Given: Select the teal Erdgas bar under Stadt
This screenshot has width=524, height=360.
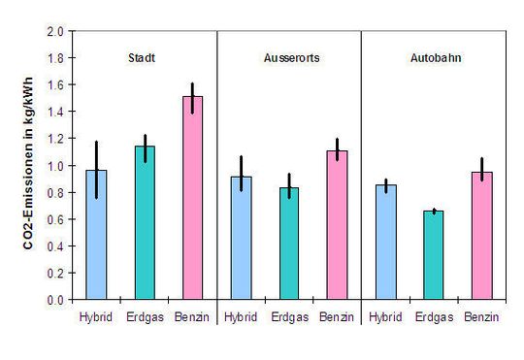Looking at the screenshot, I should (144, 223).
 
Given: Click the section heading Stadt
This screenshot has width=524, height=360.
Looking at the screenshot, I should (144, 57).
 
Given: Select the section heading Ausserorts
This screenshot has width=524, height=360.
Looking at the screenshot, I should (288, 57).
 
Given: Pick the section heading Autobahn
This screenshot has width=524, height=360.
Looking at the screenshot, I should (433, 57).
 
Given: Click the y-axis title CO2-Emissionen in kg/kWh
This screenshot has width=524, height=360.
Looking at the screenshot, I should (30, 165).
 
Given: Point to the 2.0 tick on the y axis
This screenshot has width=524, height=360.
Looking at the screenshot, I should (56, 31).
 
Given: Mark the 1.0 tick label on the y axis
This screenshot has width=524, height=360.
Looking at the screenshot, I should (56, 166).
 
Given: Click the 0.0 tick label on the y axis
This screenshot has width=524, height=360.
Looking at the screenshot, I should (56, 300).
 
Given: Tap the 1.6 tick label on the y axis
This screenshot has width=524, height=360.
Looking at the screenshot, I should (56, 85).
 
